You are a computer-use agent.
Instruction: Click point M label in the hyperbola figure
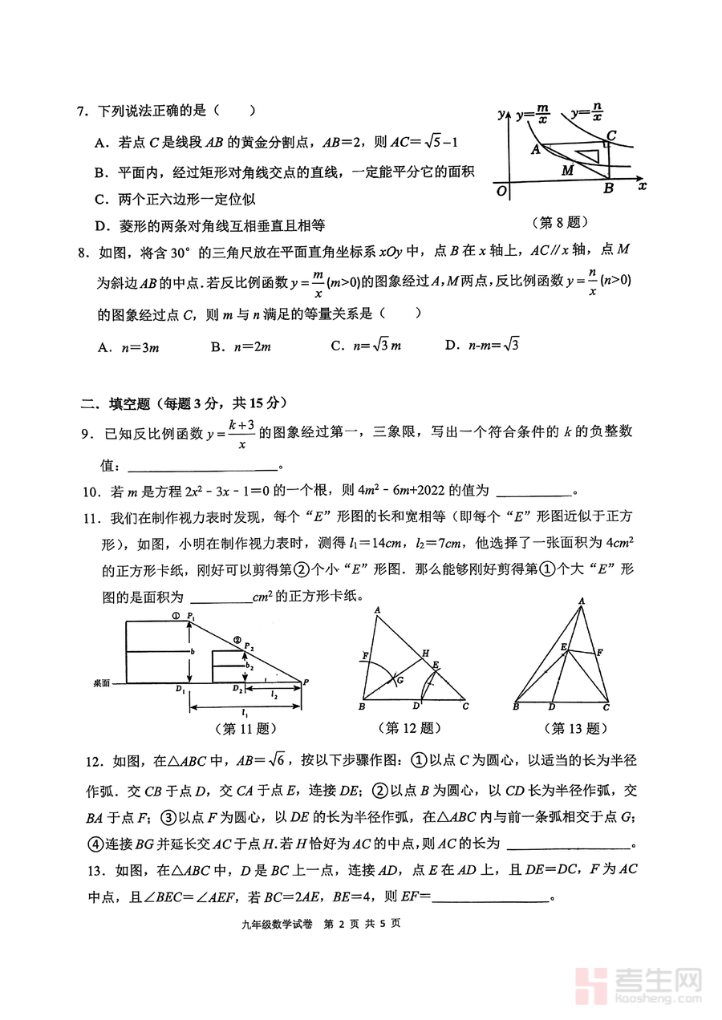[567, 170]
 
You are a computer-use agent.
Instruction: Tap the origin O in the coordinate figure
[501, 191]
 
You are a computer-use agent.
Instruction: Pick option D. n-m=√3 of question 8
[481, 346]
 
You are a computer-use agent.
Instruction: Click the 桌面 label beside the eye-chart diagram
[102, 683]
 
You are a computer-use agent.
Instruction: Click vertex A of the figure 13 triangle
[580, 601]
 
